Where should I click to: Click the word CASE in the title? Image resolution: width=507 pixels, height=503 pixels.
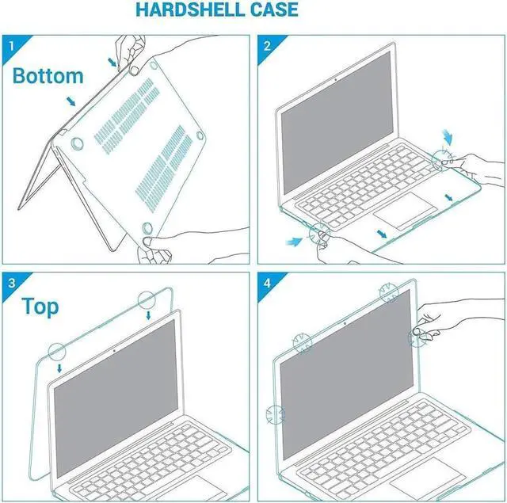tap(273, 10)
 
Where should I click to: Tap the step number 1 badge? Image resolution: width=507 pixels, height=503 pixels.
tap(11, 45)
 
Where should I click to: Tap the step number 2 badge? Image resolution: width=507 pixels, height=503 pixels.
tap(267, 45)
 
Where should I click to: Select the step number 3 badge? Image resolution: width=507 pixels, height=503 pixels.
tap(11, 282)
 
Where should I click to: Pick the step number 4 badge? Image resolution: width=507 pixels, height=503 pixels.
tap(267, 282)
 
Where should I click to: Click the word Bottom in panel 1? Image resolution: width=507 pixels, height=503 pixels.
tap(48, 76)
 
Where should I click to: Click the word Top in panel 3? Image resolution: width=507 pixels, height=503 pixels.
tap(40, 307)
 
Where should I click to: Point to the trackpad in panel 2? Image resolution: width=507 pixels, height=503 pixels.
tap(405, 214)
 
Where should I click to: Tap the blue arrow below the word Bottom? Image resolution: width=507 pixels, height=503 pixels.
tap(72, 101)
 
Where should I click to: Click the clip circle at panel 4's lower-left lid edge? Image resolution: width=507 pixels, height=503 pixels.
tap(275, 413)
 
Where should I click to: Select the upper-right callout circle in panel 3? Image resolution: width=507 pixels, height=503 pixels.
tap(147, 300)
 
